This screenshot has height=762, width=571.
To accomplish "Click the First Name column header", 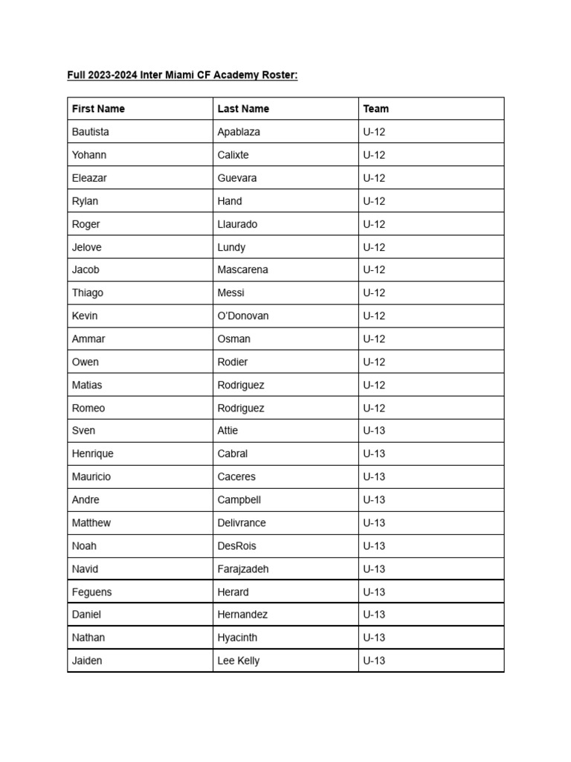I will [x=98, y=109].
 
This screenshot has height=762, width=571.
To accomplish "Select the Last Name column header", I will [x=243, y=109].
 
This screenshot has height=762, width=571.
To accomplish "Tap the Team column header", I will [x=375, y=109].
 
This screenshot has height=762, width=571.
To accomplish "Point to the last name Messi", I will [x=230, y=293].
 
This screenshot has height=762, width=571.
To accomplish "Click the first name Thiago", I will [x=88, y=293].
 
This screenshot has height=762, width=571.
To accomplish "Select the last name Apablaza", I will [x=239, y=132].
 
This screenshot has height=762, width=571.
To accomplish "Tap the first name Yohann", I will [x=89, y=155].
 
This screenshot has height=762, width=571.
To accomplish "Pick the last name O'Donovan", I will [x=243, y=316].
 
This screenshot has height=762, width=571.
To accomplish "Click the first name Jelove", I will [x=87, y=247].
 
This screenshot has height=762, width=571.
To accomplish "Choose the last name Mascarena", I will [x=242, y=269].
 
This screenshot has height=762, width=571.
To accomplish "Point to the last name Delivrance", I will [x=242, y=522].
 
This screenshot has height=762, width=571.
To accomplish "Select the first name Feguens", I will [x=92, y=592].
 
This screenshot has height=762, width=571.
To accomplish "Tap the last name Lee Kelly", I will [x=239, y=661].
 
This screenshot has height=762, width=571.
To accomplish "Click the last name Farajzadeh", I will [x=243, y=569].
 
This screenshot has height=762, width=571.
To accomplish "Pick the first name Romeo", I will [x=88, y=408].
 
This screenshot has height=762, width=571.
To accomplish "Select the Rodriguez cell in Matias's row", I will [x=241, y=385].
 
